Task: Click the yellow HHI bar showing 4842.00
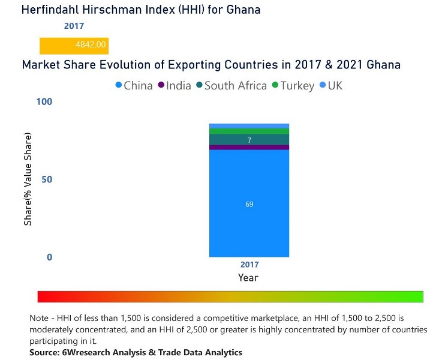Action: coord(74,45)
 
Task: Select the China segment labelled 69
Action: coord(249,203)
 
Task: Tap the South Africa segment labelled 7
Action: coord(249,140)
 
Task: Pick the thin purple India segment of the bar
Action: coord(249,148)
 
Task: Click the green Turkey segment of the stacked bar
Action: coord(249,131)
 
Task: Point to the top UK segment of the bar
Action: coord(249,125)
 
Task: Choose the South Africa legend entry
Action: coord(231,86)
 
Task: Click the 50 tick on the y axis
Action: coord(47,179)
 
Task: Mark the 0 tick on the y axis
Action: coord(49,257)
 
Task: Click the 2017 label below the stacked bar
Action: coord(249,265)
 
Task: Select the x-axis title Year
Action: coord(248,278)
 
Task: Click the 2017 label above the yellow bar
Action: coord(74,26)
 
